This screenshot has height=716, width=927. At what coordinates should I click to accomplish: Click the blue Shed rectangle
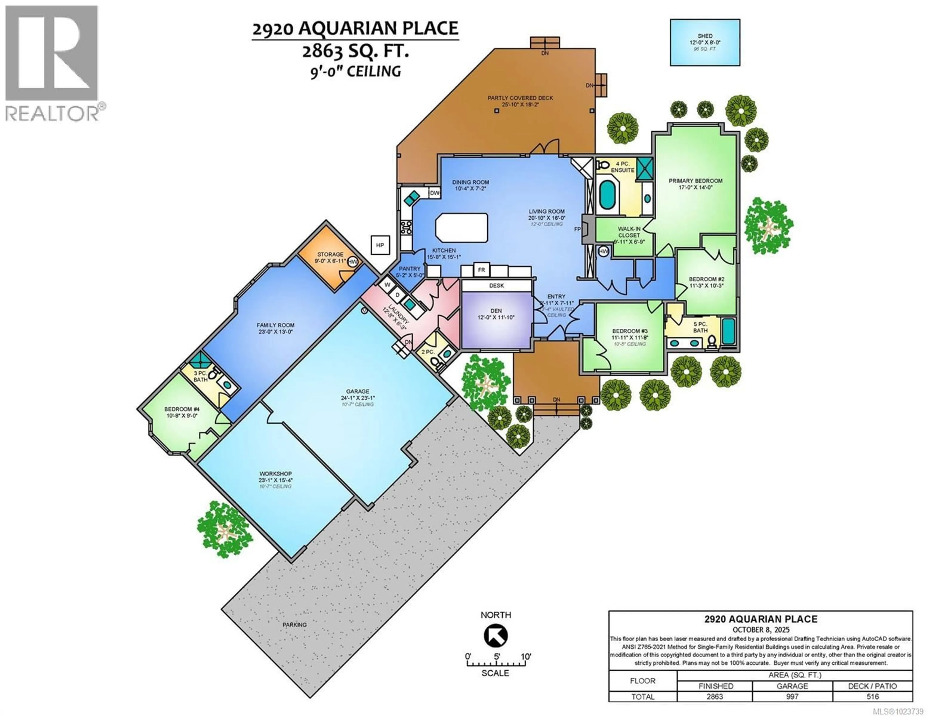point(705,42)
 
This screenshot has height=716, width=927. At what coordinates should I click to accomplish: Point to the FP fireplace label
point(577,229)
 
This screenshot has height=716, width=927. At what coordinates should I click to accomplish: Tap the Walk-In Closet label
point(629,232)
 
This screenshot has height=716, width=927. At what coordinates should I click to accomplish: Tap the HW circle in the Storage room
point(352,262)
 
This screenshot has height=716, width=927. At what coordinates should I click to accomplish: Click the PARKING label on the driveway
point(295,625)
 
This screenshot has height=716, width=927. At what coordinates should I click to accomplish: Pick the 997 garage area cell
point(792,696)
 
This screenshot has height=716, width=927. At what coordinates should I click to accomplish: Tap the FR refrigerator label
point(481,270)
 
